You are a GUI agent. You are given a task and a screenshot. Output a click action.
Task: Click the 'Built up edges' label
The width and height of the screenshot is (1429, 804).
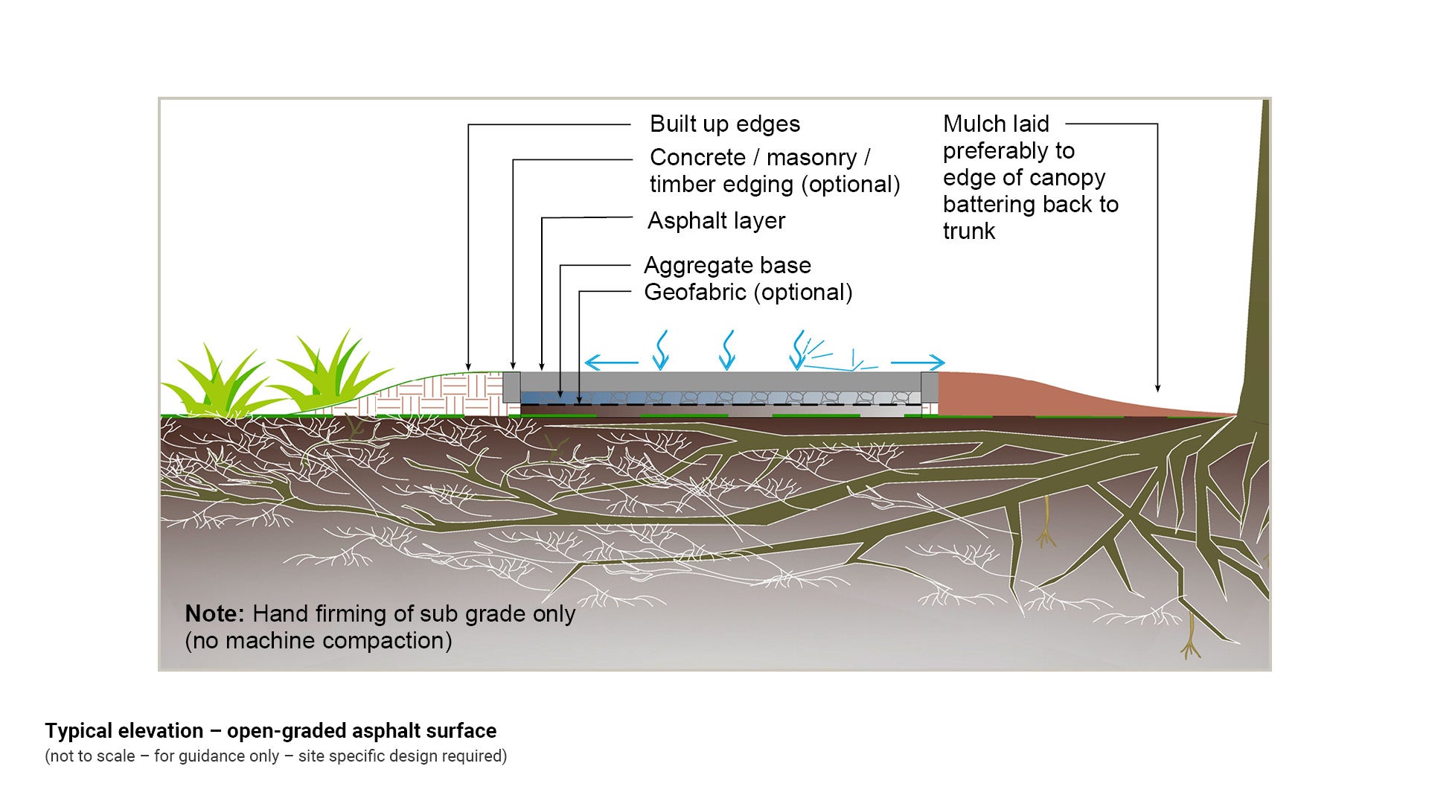coord(724,124)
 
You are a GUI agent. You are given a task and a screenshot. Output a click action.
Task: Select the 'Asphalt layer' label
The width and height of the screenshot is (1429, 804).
coord(716,221)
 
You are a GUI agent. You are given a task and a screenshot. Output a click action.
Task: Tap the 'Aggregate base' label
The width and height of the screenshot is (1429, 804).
coord(727,266)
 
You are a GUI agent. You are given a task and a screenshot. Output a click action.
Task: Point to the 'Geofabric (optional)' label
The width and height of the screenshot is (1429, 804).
coord(748,293)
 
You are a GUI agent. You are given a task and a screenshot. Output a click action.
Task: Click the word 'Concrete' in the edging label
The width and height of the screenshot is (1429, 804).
coord(697,158)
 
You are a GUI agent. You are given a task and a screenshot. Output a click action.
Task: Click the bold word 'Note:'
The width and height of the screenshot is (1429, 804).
coord(214,614)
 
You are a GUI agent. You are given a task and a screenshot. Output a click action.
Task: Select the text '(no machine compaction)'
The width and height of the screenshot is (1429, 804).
coord(319,641)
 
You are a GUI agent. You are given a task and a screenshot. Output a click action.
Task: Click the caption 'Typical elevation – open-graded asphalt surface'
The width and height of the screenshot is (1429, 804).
coord(270,731)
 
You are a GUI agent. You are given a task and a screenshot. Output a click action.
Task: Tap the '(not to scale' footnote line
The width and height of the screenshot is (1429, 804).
coord(275,756)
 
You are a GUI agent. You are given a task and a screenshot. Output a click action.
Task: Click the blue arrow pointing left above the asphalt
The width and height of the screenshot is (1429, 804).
coord(611,363)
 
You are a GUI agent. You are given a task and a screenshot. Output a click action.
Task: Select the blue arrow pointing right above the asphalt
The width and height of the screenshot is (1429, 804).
coord(918,363)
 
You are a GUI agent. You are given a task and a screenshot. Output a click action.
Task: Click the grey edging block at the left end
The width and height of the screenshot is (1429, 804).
coord(511,387)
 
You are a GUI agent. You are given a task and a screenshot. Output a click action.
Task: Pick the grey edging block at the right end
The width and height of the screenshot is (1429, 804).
coord(930,387)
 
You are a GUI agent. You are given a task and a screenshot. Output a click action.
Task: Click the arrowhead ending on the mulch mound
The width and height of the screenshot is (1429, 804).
coord(1157,388)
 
